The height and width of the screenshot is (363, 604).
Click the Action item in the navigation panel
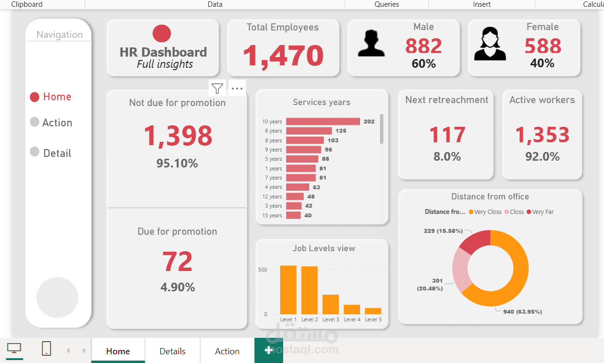tap(57, 122)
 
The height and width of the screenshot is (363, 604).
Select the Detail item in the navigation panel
tap(57, 153)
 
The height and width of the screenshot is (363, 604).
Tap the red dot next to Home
tap(34, 97)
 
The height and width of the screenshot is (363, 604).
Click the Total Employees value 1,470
tap(283, 55)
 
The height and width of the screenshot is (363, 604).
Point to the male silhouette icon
tap(371, 44)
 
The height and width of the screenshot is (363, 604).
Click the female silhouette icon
tap(490, 44)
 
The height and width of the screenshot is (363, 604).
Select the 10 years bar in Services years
tap(323, 121)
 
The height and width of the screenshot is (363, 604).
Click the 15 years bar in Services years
tap(293, 215)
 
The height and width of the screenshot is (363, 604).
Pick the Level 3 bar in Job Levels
tap(331, 304)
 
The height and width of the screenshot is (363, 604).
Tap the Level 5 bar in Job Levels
tap(373, 311)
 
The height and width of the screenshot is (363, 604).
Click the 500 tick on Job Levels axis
tap(262, 270)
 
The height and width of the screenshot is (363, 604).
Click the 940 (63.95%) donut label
tap(522, 312)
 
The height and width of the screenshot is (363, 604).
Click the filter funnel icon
tap(218, 89)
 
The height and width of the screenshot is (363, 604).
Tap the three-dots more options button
tap(237, 89)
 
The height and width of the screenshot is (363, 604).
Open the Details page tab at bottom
tap(172, 351)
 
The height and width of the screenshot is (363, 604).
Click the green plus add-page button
tap(269, 350)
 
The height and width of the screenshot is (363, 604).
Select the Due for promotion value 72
tap(178, 262)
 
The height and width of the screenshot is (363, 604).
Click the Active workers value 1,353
tap(542, 135)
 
